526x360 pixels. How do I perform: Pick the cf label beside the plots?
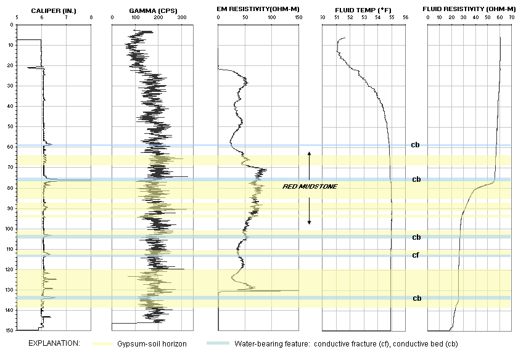tap(416, 255)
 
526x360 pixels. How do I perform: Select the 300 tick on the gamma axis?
tap(182, 18)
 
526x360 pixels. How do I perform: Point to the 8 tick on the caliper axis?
tap(91, 18)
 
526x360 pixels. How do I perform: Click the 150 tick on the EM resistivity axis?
tap(298, 18)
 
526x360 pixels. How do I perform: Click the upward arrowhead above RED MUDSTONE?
tap(310, 153)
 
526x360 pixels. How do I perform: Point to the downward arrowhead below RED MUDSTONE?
tap(310, 223)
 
